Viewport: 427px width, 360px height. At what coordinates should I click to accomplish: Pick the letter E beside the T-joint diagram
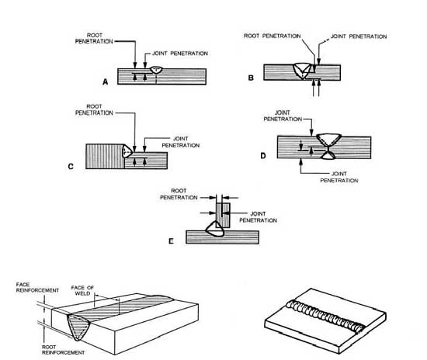pyautogui.click(x=170, y=241)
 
